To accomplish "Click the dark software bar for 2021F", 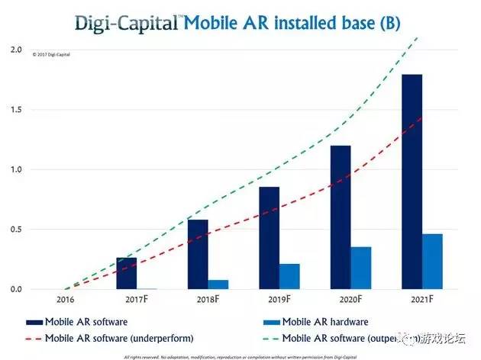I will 412,182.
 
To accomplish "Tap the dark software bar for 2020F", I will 341,217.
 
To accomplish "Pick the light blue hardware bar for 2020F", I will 361,268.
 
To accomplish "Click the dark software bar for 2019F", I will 270,238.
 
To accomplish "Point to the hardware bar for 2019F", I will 289,276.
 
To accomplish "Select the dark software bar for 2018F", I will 198,254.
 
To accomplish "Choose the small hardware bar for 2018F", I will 218,284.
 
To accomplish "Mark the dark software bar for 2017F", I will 127,273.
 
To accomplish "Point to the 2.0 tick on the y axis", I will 16,50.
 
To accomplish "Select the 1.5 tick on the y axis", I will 16,110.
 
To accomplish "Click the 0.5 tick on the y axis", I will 16,230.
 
